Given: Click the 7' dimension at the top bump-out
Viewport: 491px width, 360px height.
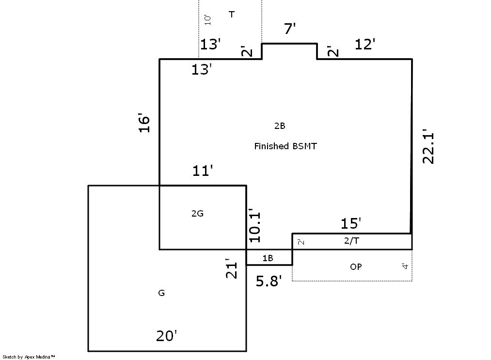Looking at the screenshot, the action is click(290, 29).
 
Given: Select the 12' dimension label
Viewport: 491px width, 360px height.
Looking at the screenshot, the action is click(365, 44).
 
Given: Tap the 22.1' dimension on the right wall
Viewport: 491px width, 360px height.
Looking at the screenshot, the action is click(428, 146).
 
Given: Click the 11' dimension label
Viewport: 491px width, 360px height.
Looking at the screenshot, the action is click(203, 171).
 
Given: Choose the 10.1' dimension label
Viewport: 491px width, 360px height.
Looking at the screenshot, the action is click(255, 225).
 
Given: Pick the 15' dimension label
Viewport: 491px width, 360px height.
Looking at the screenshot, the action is click(351, 223).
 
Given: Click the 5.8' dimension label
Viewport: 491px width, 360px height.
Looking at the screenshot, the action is click(269, 281).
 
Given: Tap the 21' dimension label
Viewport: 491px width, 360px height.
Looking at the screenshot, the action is click(231, 268).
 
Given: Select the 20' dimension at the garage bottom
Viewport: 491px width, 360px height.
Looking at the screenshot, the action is click(167, 336).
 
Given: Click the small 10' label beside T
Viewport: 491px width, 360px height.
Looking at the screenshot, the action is click(207, 20).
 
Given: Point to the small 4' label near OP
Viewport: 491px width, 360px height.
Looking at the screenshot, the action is click(405, 266).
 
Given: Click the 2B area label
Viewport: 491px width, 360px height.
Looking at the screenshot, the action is click(280, 126).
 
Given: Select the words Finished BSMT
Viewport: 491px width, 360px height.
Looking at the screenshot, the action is click(285, 146).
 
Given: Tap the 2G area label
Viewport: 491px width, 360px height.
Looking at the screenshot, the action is click(197, 214).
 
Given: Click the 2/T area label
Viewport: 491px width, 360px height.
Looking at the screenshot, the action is click(352, 241).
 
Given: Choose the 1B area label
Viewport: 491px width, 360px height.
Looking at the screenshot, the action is click(268, 258).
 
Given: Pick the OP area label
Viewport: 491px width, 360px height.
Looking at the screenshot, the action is click(356, 266).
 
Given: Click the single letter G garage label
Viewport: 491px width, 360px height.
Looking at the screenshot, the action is click(161, 293).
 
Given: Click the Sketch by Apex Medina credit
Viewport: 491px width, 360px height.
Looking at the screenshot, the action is click(29, 357).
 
